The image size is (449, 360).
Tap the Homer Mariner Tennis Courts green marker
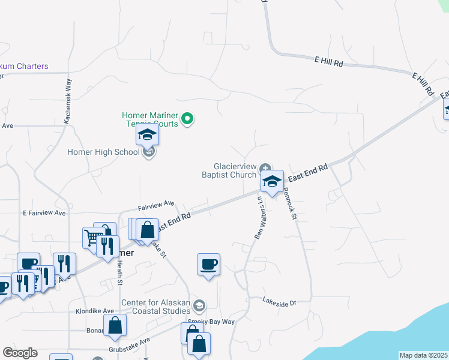pos(187,119)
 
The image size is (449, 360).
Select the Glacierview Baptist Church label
pos(235,170)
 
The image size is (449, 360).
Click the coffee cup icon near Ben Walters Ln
pos(208,264)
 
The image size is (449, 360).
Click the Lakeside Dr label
pos(280,303)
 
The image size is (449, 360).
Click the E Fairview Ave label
pos(44,213)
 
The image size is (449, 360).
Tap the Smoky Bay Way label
pos(210,322)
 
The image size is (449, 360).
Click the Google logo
pos(20,353)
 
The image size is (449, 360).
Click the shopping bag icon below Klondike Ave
pos(115,326)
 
